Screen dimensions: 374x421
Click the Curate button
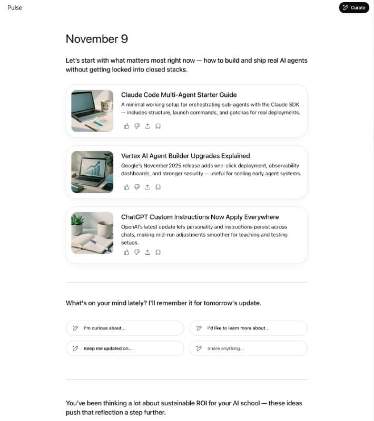pos(354,7)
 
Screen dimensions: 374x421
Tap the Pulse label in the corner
pos(15,8)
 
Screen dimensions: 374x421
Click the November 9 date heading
pos(97,39)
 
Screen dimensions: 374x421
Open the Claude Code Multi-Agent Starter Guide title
pos(179,95)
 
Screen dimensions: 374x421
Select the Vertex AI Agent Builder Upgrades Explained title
pos(185,156)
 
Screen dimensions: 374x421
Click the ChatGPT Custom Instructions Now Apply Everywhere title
pos(200,217)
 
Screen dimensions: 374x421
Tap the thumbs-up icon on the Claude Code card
pos(126,126)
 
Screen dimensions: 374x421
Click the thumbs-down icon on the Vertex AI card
pos(137,187)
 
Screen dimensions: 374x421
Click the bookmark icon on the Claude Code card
pos(158,126)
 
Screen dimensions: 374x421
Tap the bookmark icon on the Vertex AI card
pos(158,187)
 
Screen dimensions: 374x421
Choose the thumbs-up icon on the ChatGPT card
pos(126,252)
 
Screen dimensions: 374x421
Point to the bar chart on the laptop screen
pos(93,167)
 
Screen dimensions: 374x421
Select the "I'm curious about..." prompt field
pos(125,328)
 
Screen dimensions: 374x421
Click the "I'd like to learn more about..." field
pos(248,328)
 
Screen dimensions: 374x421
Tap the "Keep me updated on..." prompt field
pos(125,348)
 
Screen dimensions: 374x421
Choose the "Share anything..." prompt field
pos(248,348)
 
